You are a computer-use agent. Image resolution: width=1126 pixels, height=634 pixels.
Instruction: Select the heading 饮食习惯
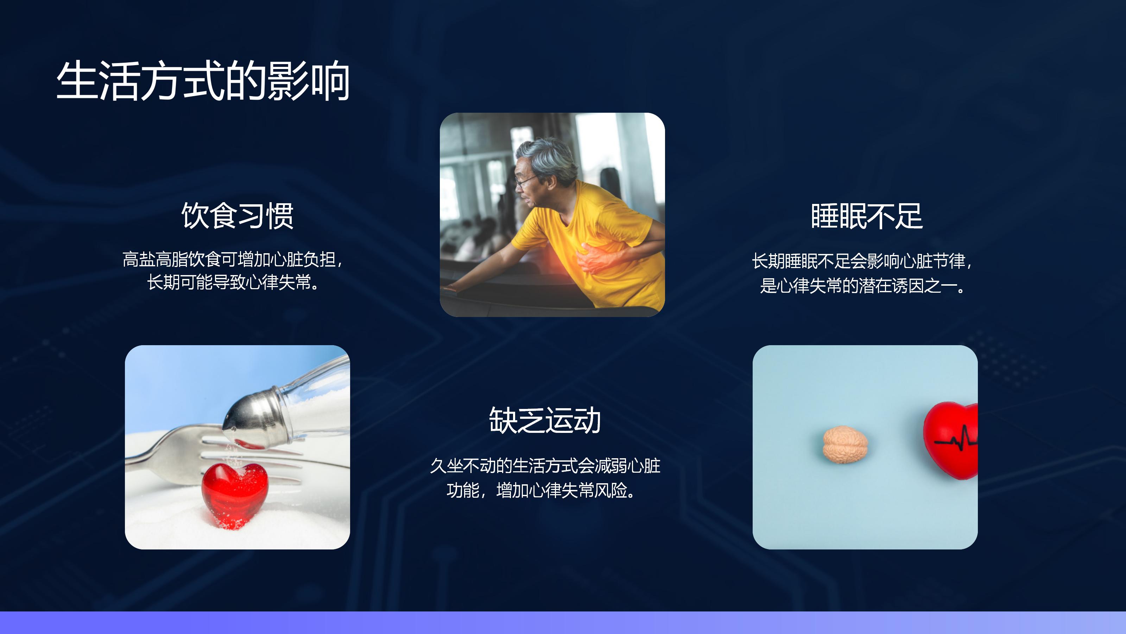[238, 216]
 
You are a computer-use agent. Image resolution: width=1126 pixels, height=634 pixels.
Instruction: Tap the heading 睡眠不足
[867, 216]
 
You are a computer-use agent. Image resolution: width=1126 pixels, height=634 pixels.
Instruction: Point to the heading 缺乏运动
[545, 421]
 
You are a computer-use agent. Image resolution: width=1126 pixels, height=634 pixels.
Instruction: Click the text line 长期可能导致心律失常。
[233, 282]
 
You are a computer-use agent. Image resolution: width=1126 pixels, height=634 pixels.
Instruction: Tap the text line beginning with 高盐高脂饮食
[233, 260]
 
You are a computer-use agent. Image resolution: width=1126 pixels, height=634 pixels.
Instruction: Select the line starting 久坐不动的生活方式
[545, 466]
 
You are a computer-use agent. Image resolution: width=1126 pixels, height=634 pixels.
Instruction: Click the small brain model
[845, 445]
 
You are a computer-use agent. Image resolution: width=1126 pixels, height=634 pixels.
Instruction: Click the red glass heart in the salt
[235, 495]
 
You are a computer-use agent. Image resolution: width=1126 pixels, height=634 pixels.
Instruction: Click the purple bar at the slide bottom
[563, 623]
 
